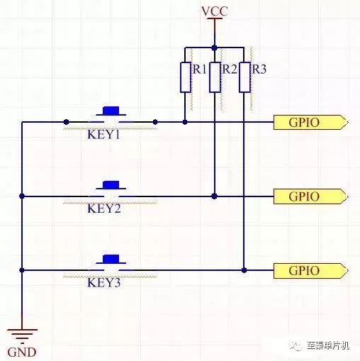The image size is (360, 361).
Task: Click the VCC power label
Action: coord(215,11)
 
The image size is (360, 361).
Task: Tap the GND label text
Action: coord(22,352)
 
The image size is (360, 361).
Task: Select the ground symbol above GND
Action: coord(22,336)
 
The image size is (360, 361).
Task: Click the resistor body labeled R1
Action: coord(186,77)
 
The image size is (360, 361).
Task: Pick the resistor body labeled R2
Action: coord(215,77)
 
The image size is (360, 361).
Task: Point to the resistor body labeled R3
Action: coord(244,77)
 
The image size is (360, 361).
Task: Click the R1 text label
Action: coord(200,70)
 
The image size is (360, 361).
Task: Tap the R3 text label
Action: coord(259,70)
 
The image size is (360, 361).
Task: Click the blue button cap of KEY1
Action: coord(111,111)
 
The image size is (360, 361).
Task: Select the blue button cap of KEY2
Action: coord(111,184)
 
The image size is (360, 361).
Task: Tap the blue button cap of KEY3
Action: coord(111,259)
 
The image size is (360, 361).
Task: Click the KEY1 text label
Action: coord(103,135)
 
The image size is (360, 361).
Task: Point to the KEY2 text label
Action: coord(104,209)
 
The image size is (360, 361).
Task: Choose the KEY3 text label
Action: coord(104,282)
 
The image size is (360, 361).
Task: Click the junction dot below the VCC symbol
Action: coord(215,48)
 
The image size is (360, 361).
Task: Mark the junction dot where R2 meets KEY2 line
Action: coord(215,196)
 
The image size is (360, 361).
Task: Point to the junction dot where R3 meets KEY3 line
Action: coord(244,270)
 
